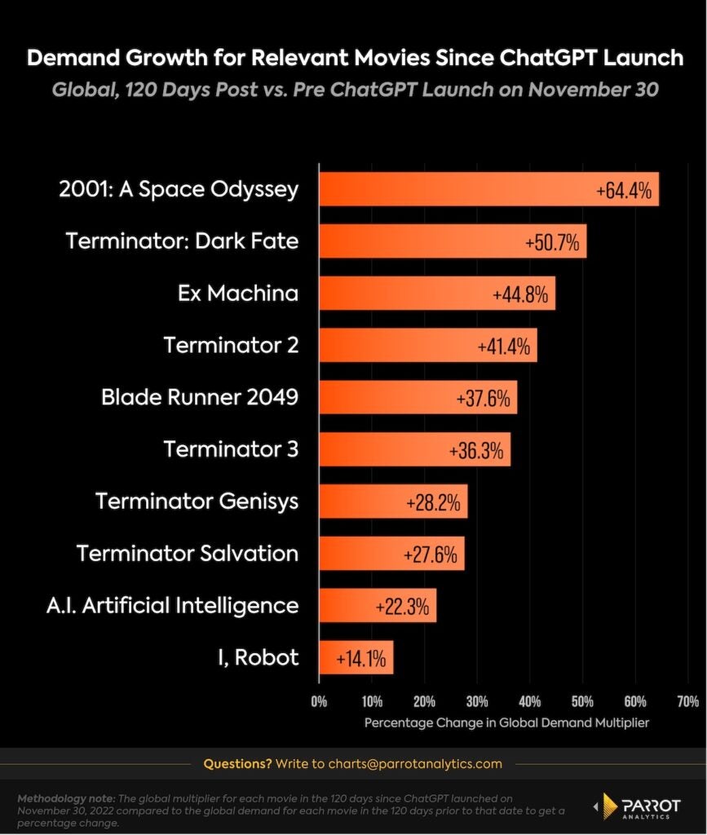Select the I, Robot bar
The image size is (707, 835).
pos(356,656)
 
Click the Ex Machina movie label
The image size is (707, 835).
pos(238,294)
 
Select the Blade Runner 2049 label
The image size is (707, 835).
pos(200,397)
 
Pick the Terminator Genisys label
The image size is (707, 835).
pos(197,501)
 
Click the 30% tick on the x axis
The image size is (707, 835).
pos(477,700)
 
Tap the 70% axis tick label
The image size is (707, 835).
pos(687,700)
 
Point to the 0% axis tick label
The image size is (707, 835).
pos(319,700)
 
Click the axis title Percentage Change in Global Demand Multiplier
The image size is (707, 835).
pos(506,722)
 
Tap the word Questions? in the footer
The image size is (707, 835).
pos(237,764)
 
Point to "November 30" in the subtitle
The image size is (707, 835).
pos(593,89)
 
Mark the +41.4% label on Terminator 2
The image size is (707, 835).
pos(506,346)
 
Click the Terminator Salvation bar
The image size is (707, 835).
pos(391,553)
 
